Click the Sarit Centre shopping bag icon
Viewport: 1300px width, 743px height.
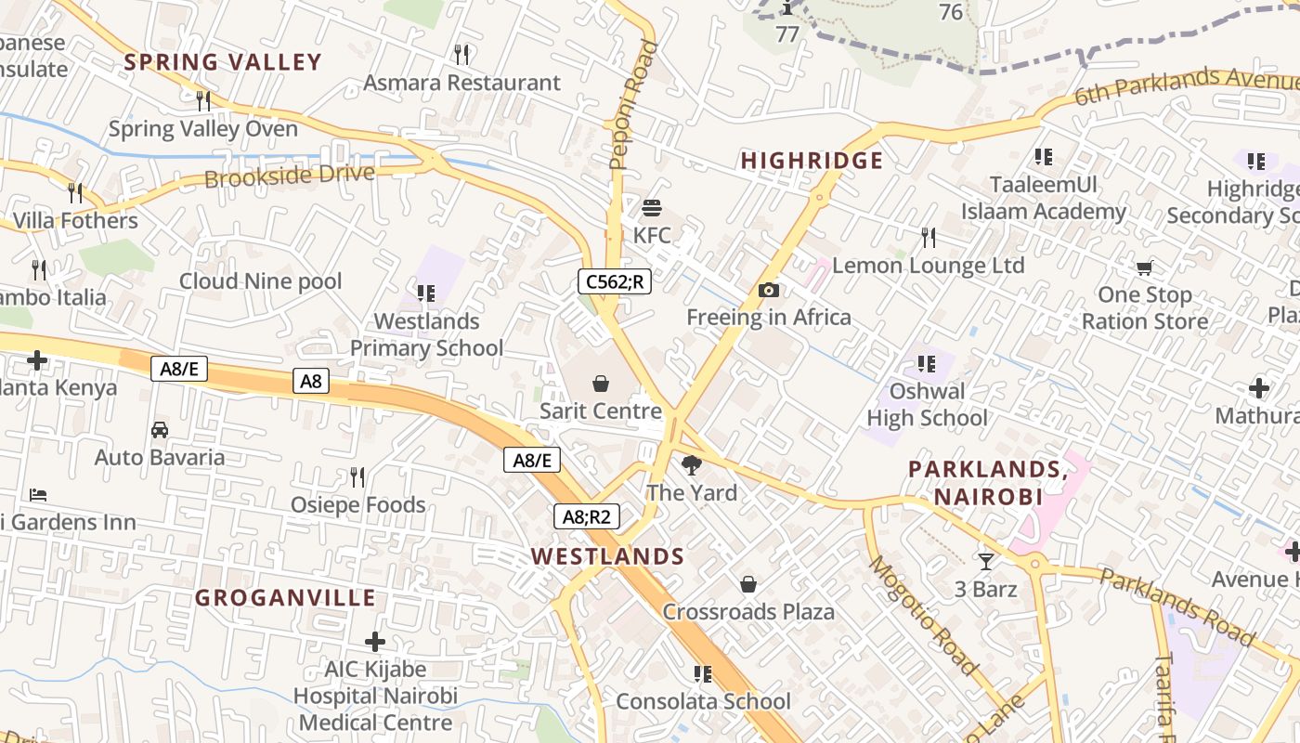[x=601, y=384]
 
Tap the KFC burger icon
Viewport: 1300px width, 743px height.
[x=652, y=207]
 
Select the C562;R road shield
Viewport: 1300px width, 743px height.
[x=614, y=281]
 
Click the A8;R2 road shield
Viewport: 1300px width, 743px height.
[x=587, y=516]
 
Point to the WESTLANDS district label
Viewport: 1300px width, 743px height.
[x=607, y=556]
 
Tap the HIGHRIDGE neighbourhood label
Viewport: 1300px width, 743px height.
[x=812, y=161]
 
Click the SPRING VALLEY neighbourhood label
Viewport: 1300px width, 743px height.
[x=223, y=62]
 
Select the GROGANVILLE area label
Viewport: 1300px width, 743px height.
[x=285, y=597]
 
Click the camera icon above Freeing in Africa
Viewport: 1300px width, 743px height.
[x=768, y=290]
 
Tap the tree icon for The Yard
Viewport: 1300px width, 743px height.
[x=691, y=465]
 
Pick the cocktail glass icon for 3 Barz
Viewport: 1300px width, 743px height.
[x=985, y=561]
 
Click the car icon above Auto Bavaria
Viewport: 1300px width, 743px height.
[x=160, y=429]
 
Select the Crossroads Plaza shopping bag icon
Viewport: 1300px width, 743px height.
[x=747, y=584]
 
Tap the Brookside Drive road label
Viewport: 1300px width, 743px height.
[x=290, y=175]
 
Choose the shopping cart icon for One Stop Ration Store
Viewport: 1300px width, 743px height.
[x=1144, y=268]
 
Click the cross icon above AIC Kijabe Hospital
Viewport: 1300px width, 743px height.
[x=375, y=641]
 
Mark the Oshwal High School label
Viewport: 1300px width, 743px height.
[x=927, y=404]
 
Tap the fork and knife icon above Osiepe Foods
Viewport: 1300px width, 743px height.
[x=357, y=477]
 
